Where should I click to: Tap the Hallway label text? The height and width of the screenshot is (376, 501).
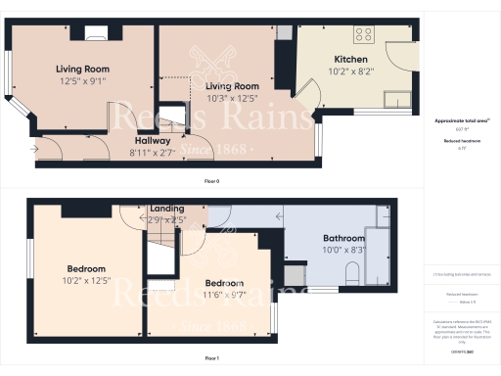(x=153, y=140)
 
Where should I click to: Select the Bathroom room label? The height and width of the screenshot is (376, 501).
(x=344, y=238)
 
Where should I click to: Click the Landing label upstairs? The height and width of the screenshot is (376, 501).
(x=167, y=209)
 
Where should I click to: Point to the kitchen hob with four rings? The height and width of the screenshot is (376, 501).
(x=364, y=35)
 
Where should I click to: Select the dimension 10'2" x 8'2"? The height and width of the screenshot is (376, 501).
(x=350, y=70)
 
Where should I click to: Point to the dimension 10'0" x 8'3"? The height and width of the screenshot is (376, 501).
(x=344, y=250)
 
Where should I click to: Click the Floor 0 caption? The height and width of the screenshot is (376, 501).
(x=211, y=182)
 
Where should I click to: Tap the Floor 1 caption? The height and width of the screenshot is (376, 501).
(x=211, y=359)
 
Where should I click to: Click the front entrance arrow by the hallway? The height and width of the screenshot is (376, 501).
(x=35, y=149)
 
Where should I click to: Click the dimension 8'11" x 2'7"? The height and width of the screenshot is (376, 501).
(x=153, y=151)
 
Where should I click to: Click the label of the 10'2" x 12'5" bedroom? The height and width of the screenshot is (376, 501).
(x=86, y=268)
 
